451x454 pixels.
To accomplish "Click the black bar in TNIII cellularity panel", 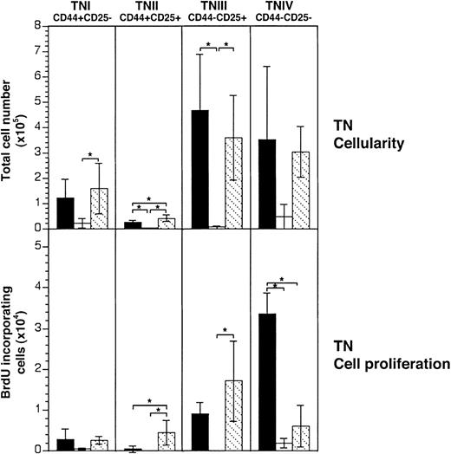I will (x=200, y=169).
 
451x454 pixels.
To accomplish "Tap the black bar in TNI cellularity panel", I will (x=65, y=213).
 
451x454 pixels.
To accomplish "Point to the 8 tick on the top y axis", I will (x=38, y=26).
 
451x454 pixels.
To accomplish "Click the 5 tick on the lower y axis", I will (x=38, y=246).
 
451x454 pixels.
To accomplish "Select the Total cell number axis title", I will (x=13, y=126).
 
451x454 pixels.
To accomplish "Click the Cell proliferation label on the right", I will (x=394, y=365).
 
